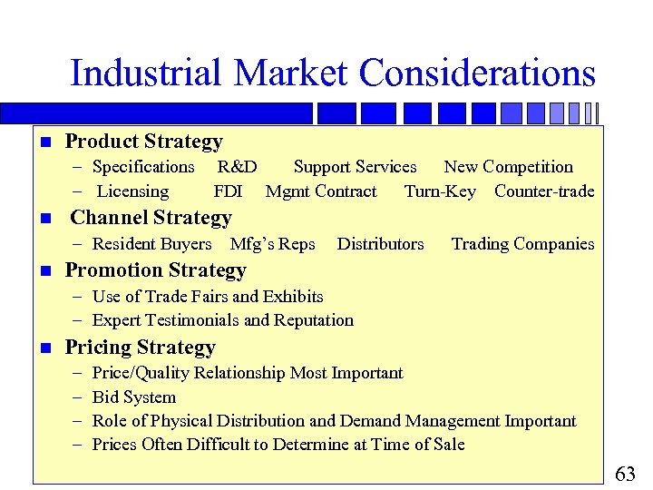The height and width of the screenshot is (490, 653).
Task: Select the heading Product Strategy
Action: [x=143, y=142]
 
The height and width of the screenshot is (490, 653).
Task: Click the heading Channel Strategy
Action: [x=151, y=218]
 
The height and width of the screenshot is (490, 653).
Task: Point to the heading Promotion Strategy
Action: [x=155, y=270]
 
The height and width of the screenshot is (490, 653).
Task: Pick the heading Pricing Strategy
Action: [x=140, y=348]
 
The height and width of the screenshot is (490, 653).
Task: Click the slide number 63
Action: [x=626, y=474]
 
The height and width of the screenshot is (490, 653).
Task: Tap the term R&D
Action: [x=237, y=167]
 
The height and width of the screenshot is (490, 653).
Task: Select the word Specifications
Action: [x=143, y=167]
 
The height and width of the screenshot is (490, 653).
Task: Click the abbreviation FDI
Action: [x=228, y=191]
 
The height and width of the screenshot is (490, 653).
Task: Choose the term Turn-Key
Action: [x=440, y=191]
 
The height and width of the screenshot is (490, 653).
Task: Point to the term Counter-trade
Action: [x=544, y=191]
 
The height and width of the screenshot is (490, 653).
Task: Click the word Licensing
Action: [x=132, y=191]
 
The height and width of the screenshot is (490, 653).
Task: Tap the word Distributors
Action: [x=380, y=244]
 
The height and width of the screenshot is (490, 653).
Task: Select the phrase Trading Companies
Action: [x=522, y=244]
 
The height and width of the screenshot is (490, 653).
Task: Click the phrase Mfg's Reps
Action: [x=273, y=244]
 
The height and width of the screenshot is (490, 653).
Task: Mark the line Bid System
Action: [x=134, y=397]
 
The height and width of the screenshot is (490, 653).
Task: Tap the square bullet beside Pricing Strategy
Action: [x=44, y=348]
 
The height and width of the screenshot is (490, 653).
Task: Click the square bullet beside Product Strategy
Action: [x=44, y=142]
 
